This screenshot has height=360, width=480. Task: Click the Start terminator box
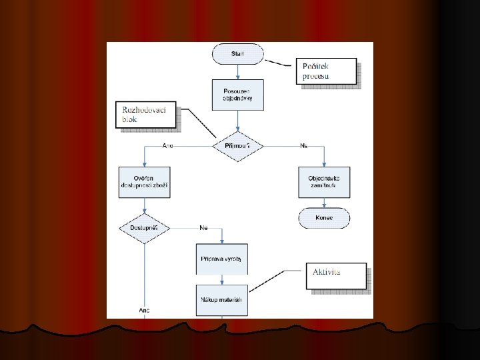(237, 53)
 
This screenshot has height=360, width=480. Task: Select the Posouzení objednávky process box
(237, 95)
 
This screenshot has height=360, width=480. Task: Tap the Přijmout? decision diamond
(237, 145)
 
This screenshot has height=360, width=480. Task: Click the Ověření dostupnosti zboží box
(145, 182)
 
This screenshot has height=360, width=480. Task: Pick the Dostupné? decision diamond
(144, 229)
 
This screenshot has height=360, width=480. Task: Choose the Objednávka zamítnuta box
(325, 182)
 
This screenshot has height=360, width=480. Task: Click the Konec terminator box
(325, 217)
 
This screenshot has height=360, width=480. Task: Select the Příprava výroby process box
(222, 258)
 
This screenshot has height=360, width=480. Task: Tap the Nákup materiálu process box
(222, 299)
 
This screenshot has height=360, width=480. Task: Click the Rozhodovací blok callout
(147, 115)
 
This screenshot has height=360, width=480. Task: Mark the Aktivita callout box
(339, 275)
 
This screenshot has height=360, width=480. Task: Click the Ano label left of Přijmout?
(168, 145)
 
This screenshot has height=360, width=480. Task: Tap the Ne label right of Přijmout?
(304, 145)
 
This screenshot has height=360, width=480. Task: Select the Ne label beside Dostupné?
(203, 228)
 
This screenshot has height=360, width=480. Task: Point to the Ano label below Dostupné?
(144, 311)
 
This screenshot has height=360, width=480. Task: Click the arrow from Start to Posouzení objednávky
(237, 72)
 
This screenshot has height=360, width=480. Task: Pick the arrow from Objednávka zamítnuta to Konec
(325, 203)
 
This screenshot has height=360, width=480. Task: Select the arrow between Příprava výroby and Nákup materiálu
(222, 279)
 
